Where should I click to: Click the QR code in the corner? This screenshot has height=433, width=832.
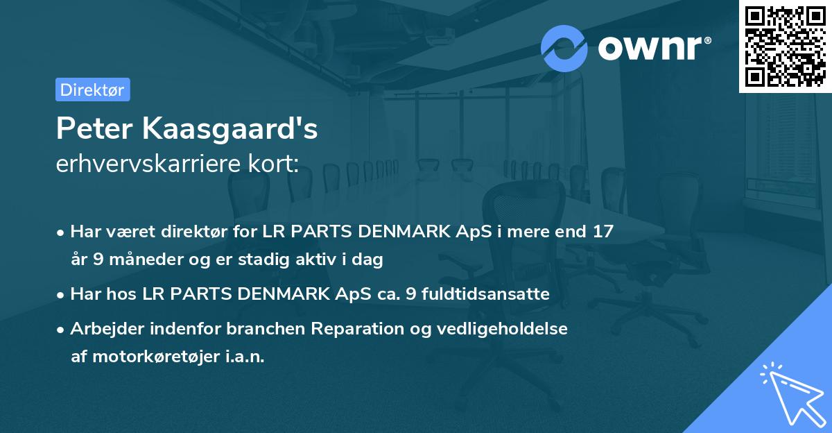pyautogui.click(x=785, y=46)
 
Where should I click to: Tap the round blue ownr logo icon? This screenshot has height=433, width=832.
pyautogui.click(x=564, y=49)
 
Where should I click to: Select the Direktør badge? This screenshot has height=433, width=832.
pyautogui.click(x=92, y=90)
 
